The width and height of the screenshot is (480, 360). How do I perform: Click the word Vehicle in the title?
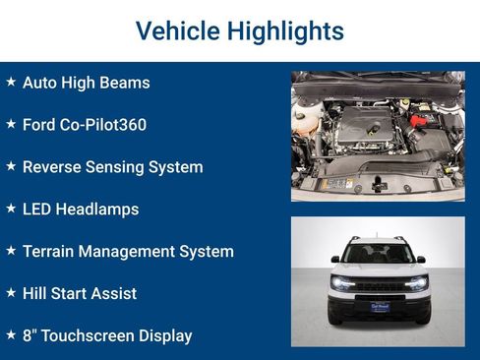click(174, 30)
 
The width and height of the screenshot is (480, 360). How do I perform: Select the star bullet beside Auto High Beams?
click(11, 83)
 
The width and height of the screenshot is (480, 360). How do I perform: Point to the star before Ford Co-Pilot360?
click(11, 125)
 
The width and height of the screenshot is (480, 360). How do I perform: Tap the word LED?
click(37, 210)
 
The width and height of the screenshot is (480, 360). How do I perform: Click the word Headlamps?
click(98, 210)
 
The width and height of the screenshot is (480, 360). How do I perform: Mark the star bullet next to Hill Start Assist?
click(11, 293)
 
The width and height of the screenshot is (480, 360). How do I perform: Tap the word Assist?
click(113, 293)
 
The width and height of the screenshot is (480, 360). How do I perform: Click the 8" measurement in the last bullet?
click(29, 335)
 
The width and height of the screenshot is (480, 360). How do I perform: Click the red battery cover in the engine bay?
click(420, 120)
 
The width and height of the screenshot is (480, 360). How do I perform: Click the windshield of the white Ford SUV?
click(378, 255)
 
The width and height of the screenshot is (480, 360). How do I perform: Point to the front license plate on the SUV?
click(378, 306)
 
